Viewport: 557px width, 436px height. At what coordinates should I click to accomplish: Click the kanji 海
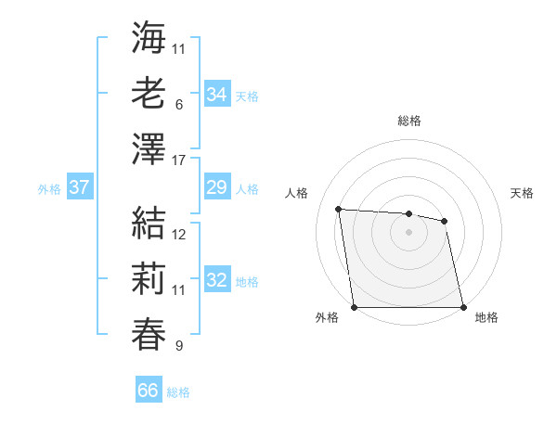point(149,38)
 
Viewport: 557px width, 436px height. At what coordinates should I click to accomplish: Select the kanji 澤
point(149,148)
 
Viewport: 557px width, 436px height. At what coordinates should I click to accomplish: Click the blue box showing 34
point(217,95)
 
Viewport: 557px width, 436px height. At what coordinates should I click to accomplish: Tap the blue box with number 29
point(217,188)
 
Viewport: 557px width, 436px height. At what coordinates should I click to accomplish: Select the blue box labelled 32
point(217,281)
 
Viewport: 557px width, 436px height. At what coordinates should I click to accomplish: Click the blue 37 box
point(80,188)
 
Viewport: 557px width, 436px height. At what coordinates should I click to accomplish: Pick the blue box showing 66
point(149,391)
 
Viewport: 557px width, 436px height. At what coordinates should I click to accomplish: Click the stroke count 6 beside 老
point(178,106)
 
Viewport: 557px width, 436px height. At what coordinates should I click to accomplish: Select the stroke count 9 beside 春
point(178,347)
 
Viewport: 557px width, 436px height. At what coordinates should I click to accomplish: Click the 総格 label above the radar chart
point(409,121)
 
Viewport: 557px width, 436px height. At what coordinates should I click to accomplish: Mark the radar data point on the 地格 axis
point(463,307)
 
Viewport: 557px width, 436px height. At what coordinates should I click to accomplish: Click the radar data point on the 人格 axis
point(339,209)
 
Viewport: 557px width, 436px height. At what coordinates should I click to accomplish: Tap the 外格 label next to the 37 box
point(49,189)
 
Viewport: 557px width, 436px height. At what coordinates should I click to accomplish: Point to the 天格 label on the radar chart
point(523,193)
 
